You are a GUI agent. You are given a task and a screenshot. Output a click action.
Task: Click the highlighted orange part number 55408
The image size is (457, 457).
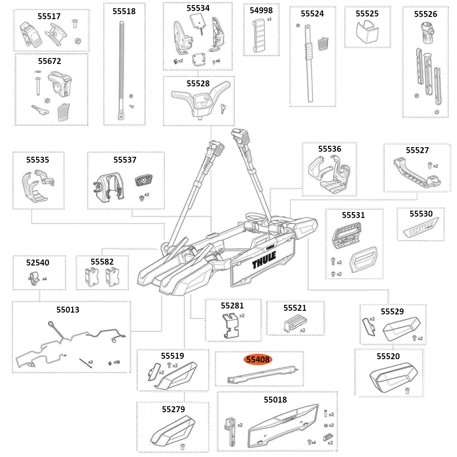tap(258, 360)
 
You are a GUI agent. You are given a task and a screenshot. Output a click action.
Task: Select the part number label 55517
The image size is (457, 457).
tap(49, 16)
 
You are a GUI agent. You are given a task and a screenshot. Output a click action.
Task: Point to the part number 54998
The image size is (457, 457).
tap(261, 10)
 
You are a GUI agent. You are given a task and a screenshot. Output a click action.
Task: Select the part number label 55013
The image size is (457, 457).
tap(68, 309)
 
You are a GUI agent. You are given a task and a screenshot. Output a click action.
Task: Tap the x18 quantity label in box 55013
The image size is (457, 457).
tap(117, 362)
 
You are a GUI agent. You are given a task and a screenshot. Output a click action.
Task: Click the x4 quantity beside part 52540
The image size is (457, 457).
tap(44, 278)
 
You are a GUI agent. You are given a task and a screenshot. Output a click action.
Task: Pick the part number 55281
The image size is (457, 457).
tap(232, 305)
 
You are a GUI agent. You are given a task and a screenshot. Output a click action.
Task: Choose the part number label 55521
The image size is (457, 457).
tap(295, 308)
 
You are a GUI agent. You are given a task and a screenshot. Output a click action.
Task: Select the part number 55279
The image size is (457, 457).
tap(173, 409)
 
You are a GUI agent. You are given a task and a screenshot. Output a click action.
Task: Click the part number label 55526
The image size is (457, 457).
tap(425, 14)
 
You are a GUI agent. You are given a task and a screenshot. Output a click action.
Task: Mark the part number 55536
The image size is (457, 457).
tap(329, 149)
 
